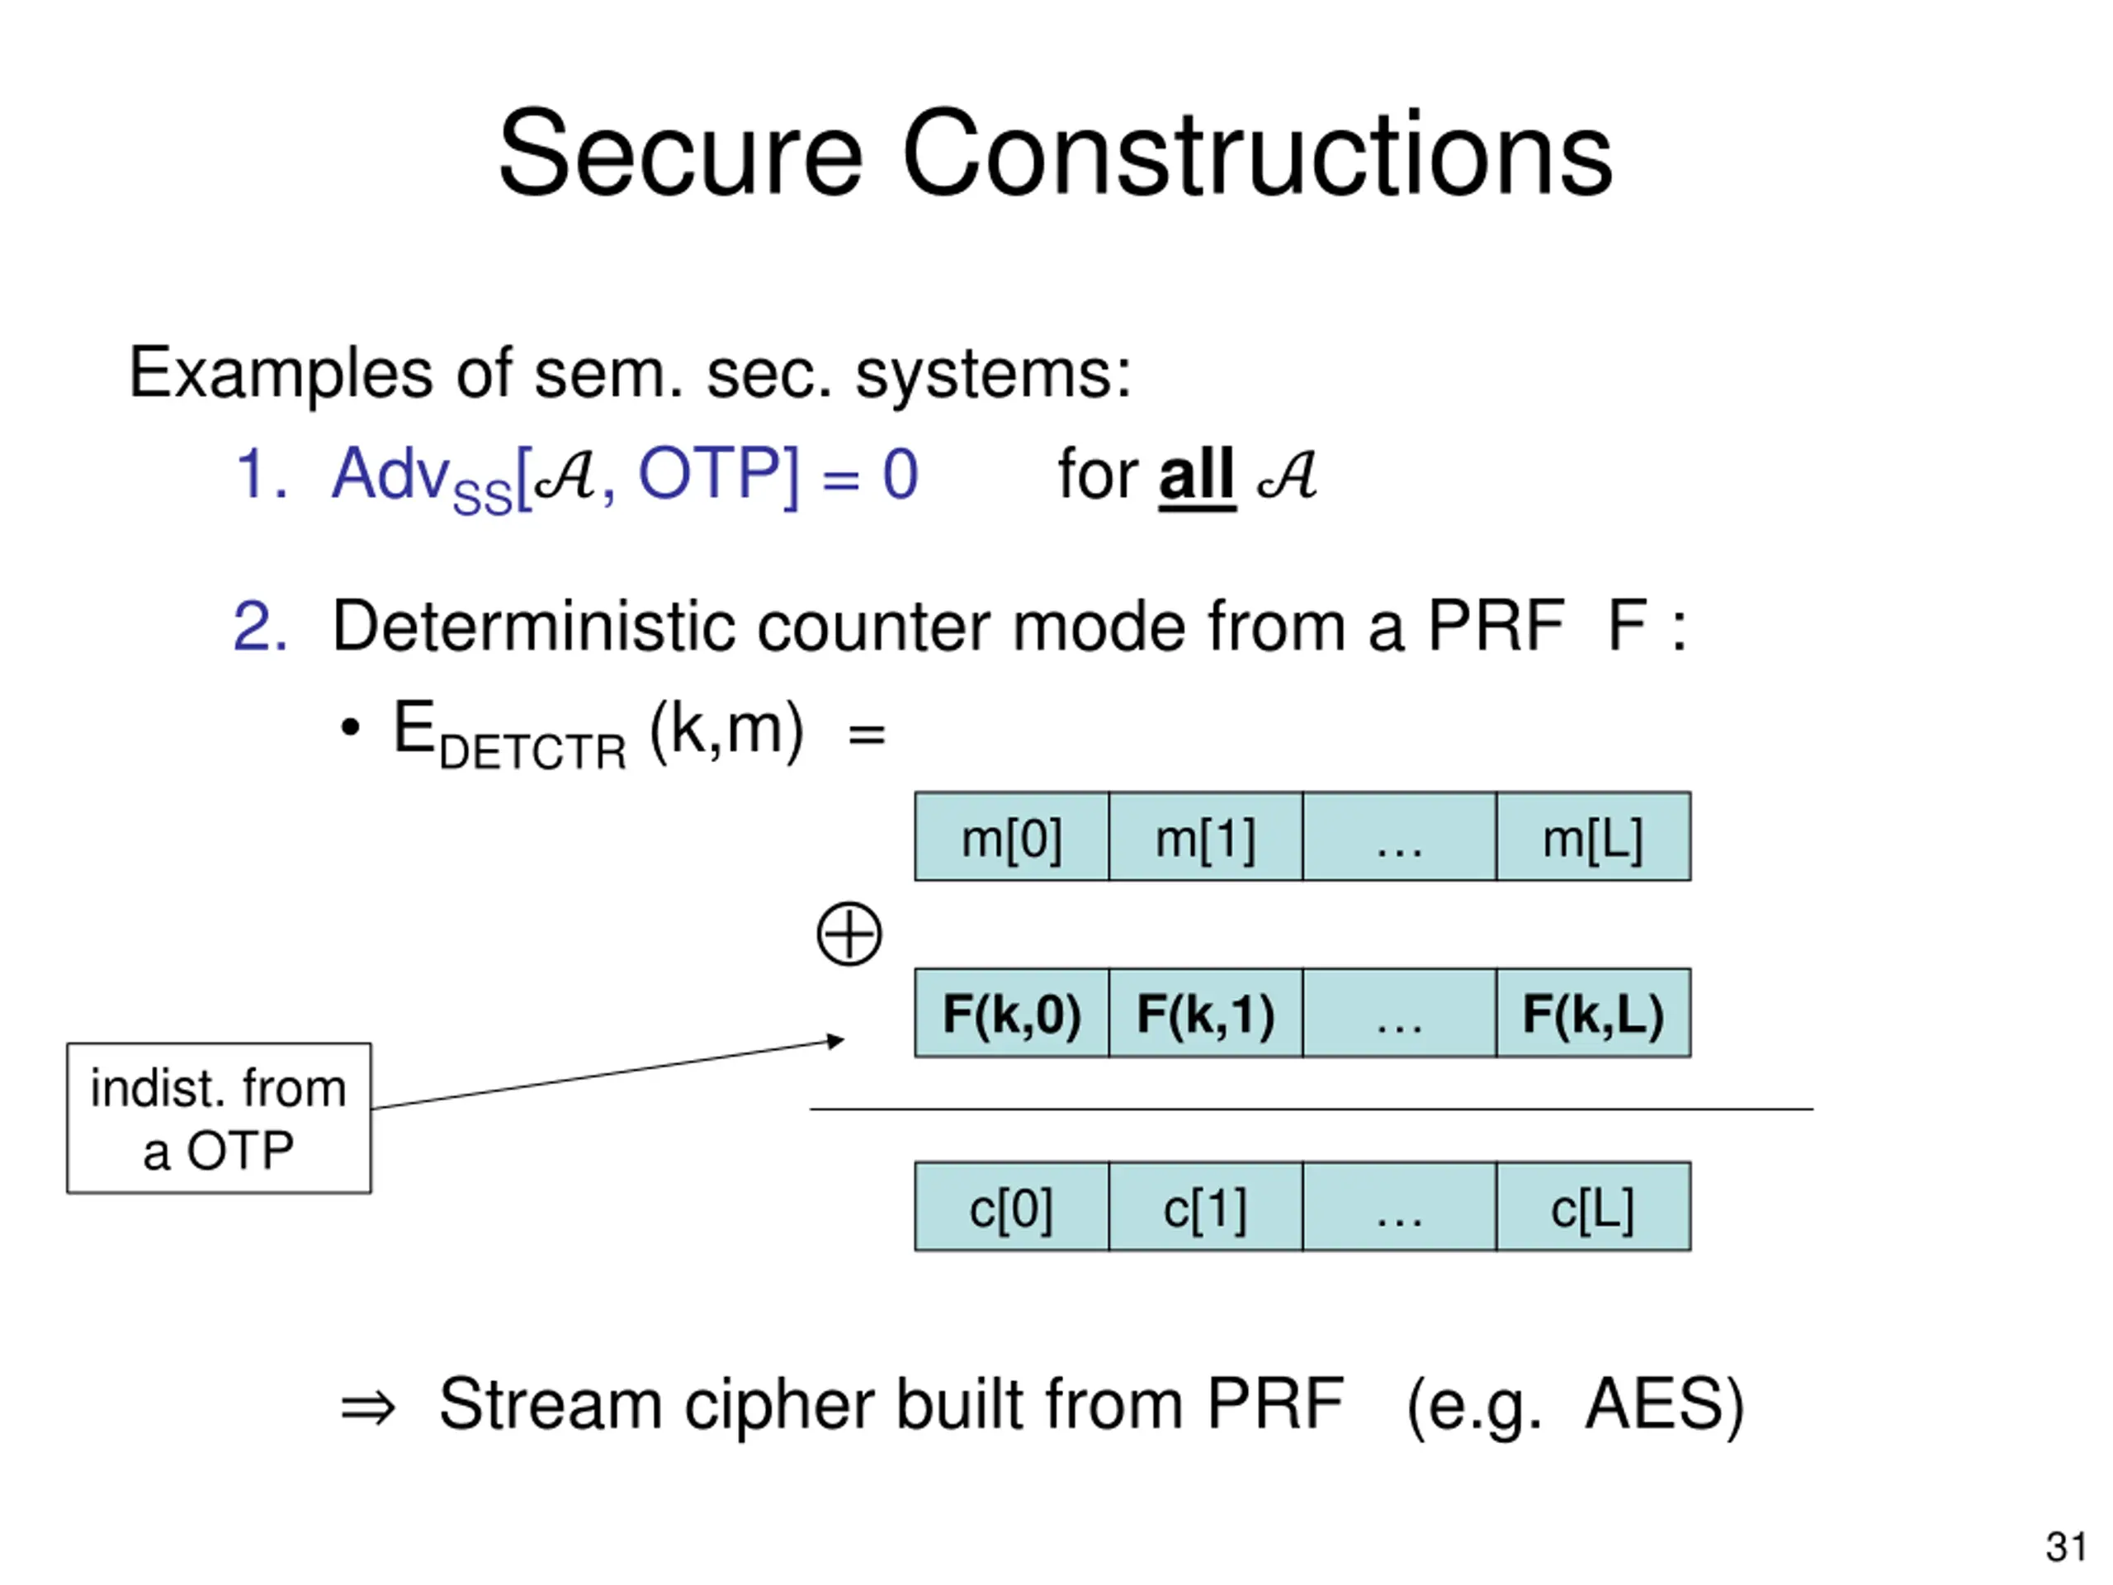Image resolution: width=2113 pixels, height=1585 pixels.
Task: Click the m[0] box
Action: point(1012,836)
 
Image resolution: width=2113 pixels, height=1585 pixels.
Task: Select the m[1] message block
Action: point(1206,836)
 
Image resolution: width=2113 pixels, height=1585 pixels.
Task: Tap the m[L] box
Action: point(1593,836)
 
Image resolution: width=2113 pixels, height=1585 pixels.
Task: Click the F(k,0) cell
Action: point(1012,1013)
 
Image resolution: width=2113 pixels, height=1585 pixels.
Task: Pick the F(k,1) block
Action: point(1206,1013)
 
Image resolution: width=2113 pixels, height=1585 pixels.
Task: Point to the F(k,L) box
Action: point(1593,1013)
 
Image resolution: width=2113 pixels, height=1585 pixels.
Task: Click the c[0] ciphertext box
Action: point(1012,1207)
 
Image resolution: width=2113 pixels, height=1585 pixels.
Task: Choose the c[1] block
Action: point(1206,1207)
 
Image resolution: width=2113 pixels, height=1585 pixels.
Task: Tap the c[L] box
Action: point(1593,1207)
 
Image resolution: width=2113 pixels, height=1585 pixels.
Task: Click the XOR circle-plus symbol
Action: point(849,934)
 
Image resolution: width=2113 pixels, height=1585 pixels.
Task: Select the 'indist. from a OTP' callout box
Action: point(219,1118)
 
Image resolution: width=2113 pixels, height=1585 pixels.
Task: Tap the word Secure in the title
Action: point(680,153)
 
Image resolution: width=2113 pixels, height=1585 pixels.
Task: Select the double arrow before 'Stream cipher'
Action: point(368,1408)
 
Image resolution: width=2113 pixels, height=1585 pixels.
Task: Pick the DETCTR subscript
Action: point(532,752)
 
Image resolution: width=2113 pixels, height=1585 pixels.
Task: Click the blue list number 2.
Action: point(260,627)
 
